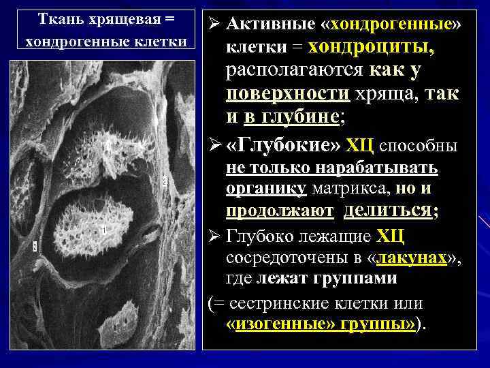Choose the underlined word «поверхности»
(287, 93)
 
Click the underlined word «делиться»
(388, 211)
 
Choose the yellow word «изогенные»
(278, 324)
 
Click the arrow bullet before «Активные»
(212, 26)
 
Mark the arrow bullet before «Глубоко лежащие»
(212, 236)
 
